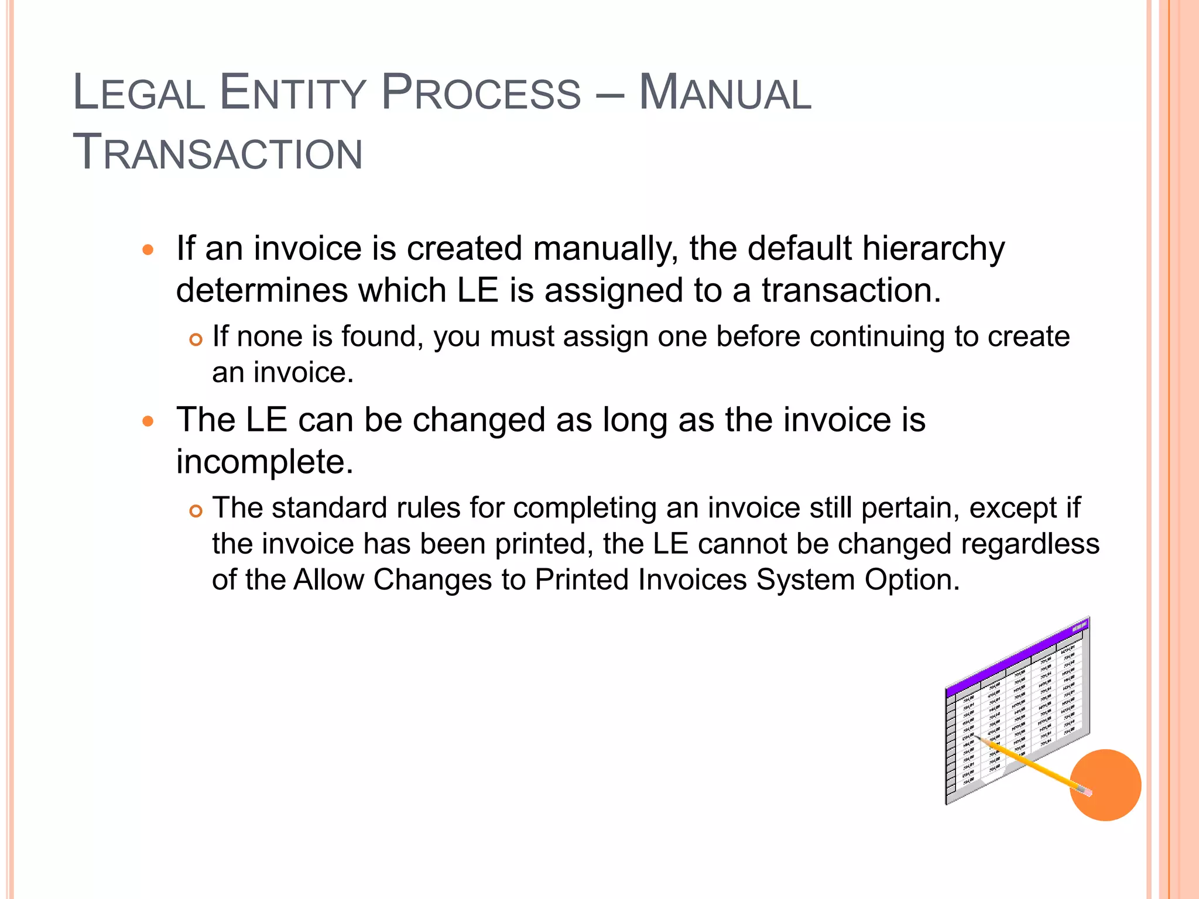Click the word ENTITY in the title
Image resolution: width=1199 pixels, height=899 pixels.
[x=292, y=92]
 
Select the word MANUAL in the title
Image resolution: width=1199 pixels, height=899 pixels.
[x=725, y=92]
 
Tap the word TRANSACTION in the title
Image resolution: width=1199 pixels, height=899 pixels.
[x=217, y=152]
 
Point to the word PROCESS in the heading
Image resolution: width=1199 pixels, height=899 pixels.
[x=481, y=92]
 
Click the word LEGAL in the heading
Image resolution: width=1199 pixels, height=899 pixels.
[x=139, y=92]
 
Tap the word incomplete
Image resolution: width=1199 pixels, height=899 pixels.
[x=265, y=462]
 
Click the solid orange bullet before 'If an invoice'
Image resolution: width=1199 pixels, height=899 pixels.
[x=148, y=250]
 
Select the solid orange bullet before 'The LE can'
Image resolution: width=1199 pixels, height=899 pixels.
[x=148, y=421]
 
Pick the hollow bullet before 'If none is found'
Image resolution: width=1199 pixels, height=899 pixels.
[x=196, y=339]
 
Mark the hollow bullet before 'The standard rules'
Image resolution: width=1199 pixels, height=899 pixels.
[x=196, y=511]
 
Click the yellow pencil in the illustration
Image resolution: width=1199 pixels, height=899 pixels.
[x=1030, y=764]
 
